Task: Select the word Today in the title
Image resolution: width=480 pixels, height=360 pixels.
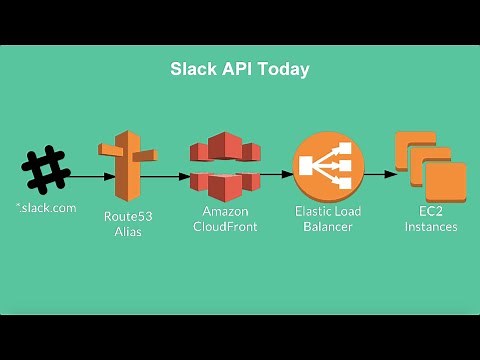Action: click(283, 70)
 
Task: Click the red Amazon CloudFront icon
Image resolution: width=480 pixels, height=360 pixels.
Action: click(224, 166)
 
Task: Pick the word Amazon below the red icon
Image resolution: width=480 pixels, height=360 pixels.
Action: click(224, 212)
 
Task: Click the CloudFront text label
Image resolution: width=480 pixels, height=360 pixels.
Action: click(224, 227)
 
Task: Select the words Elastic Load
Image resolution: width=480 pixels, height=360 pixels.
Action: click(327, 211)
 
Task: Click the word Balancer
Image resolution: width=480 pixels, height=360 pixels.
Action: click(327, 226)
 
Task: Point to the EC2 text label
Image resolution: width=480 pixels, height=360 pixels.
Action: click(431, 211)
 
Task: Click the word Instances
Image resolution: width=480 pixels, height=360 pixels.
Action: click(431, 226)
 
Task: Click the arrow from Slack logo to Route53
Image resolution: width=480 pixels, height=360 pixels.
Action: click(85, 176)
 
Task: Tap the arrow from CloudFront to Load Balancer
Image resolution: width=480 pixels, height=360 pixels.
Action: click(275, 173)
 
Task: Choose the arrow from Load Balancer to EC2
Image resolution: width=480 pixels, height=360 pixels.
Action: click(379, 173)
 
